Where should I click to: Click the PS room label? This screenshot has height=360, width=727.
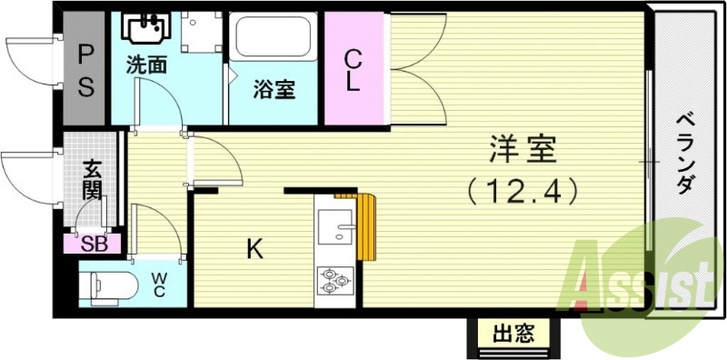pyautogui.click(x=85, y=71)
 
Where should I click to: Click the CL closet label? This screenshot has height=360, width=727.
pyautogui.click(x=353, y=69)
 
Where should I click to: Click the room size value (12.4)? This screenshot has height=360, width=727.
pyautogui.click(x=523, y=192)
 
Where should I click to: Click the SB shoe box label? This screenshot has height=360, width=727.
pyautogui.click(x=94, y=243)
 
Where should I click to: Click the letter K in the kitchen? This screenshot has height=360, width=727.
pyautogui.click(x=255, y=248)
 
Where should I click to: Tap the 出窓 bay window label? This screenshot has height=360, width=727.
pyautogui.click(x=513, y=334)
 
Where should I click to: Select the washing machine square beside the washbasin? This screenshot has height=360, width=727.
pyautogui.click(x=202, y=34)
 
